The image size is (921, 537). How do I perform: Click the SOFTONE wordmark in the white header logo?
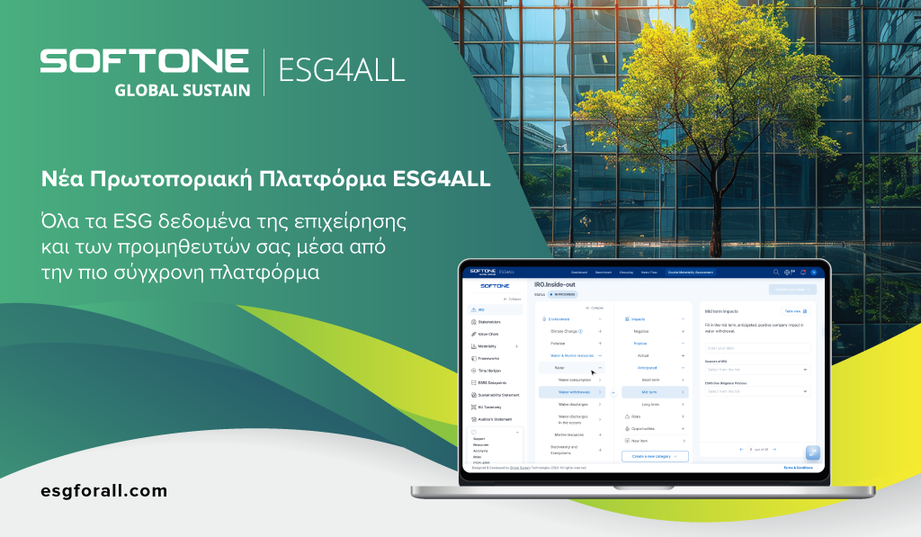point(144,61)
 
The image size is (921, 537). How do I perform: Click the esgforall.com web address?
point(104,491)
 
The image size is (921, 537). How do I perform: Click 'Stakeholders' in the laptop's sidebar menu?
point(490,321)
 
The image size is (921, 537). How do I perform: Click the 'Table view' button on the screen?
point(796,311)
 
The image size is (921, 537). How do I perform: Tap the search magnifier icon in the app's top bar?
point(776,272)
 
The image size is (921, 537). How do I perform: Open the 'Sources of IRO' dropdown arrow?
point(805,369)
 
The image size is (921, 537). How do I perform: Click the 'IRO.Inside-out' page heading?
point(554,284)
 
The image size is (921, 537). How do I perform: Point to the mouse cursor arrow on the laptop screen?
point(593,371)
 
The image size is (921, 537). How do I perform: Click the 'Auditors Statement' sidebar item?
point(495,419)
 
